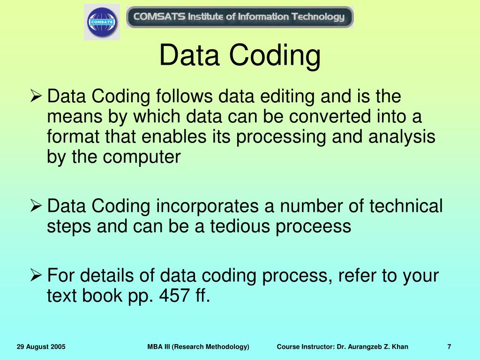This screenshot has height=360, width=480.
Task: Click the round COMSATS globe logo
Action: click(x=102, y=22)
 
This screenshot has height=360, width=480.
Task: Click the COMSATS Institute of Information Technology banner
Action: click(x=240, y=17)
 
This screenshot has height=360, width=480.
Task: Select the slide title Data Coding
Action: click(x=240, y=55)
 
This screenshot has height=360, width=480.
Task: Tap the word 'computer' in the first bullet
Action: click(x=141, y=157)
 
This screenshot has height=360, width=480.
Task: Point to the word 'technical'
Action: click(x=406, y=206)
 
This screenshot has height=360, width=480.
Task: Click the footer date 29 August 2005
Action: click(x=41, y=347)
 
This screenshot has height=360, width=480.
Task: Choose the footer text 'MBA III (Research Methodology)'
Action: click(x=198, y=347)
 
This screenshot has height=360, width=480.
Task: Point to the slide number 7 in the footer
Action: click(x=449, y=347)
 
